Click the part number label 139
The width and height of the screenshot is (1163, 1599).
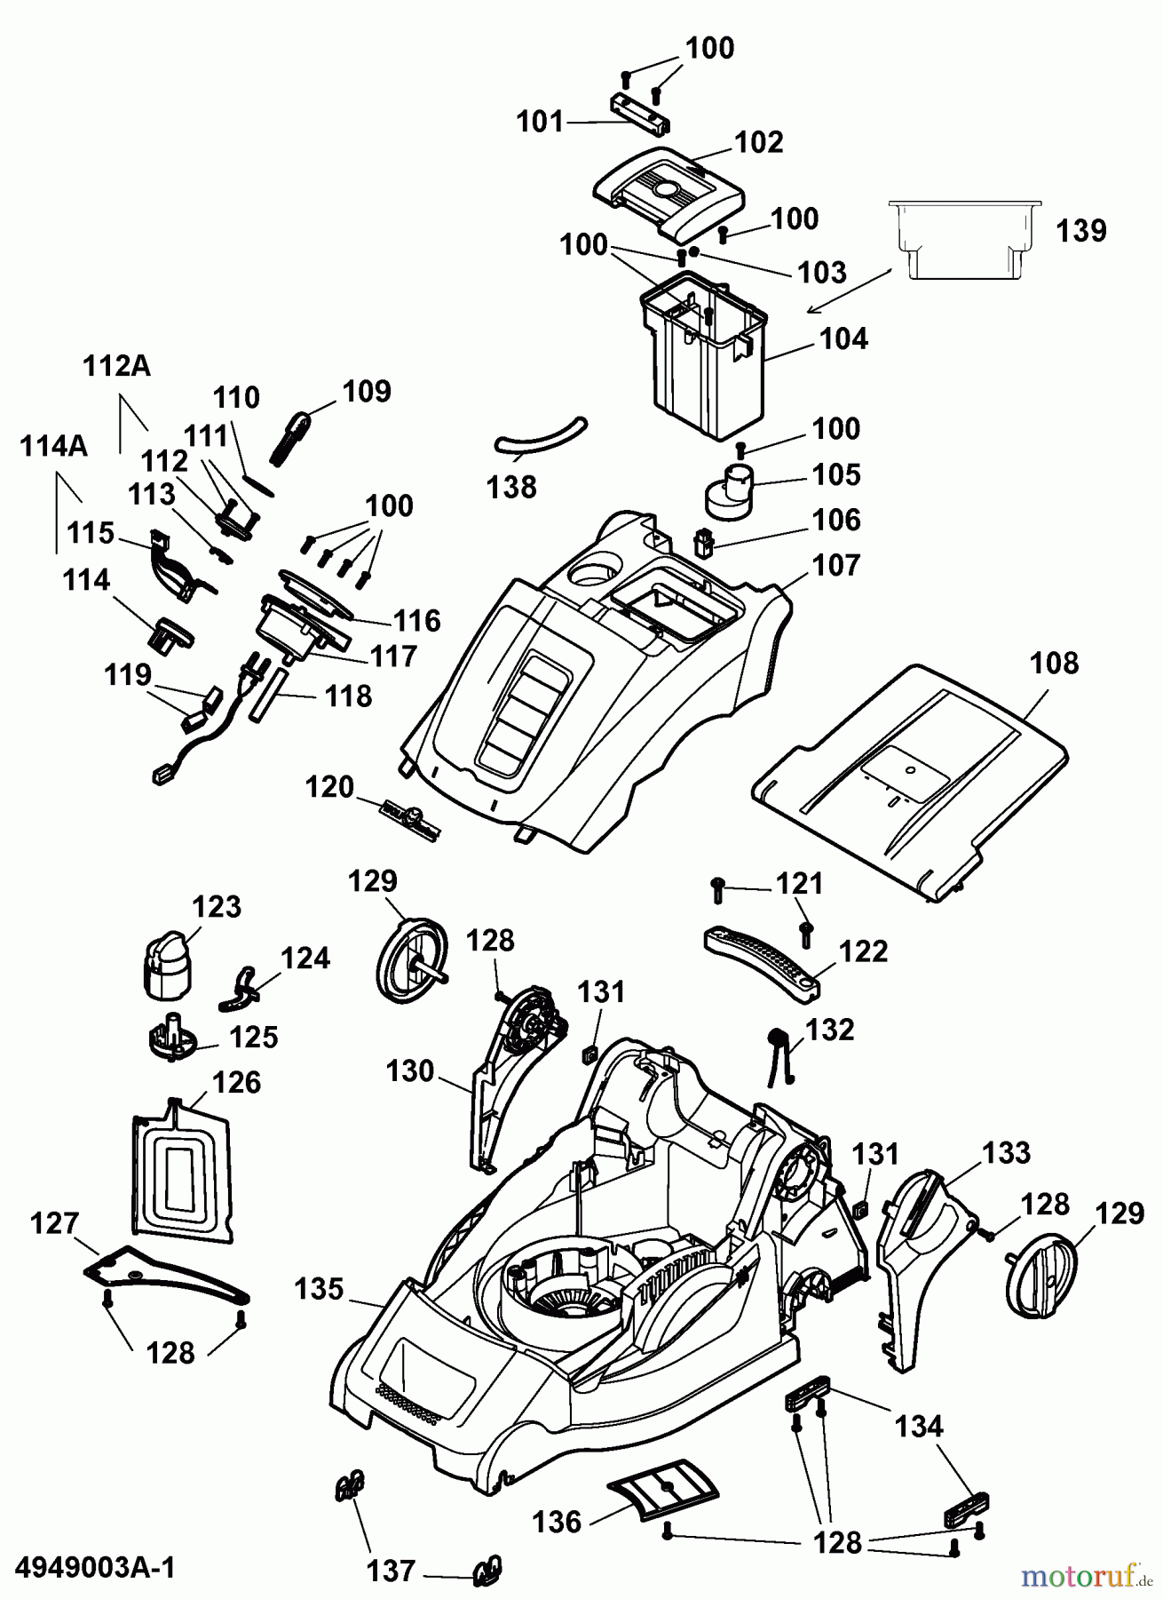coord(1081,231)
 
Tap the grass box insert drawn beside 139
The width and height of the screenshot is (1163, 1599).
coord(963,235)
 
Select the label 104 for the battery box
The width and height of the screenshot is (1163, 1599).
coord(843,338)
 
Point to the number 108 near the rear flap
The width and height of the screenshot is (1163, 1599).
coord(1054,664)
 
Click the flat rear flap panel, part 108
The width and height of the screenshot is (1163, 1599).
coord(914,773)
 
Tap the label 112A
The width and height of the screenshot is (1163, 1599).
coord(116,366)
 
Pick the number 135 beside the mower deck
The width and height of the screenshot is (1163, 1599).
coord(319,1289)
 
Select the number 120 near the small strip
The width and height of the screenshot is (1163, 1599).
coord(329,787)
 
